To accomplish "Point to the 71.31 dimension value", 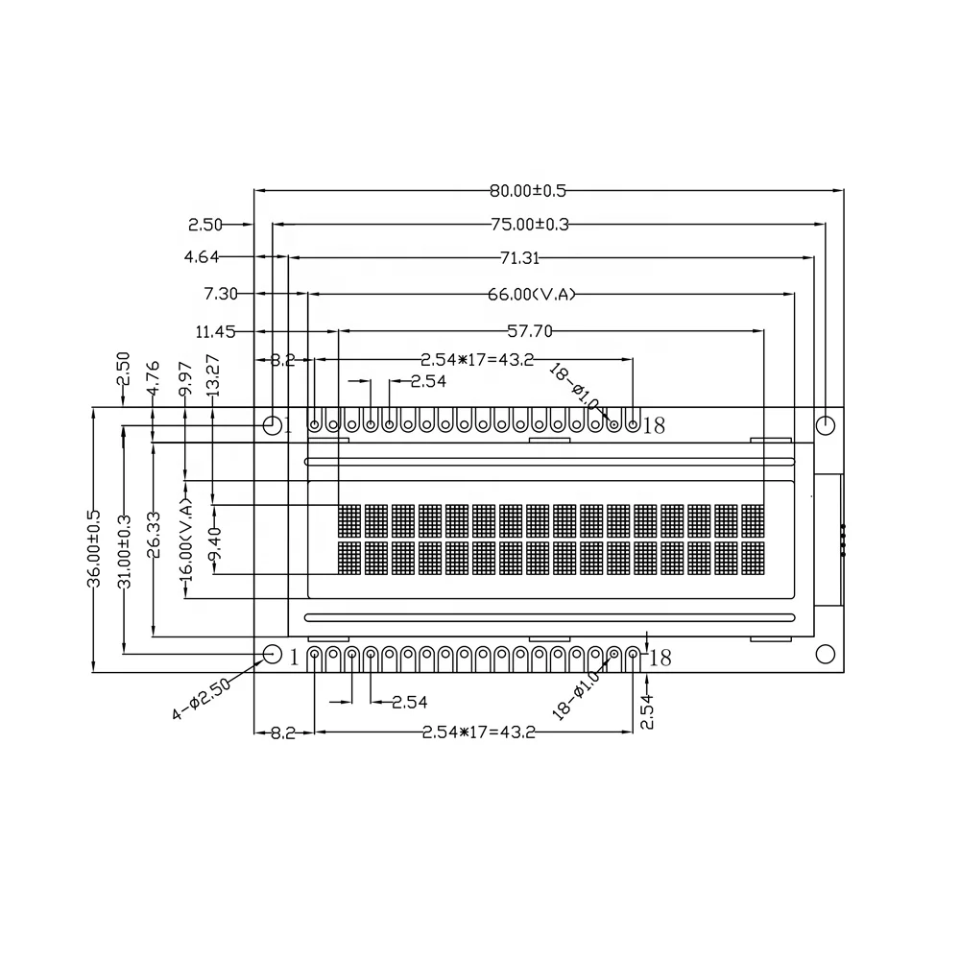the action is [x=519, y=258].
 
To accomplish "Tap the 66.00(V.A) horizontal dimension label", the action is [x=531, y=294].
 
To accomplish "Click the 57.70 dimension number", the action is [x=530, y=331].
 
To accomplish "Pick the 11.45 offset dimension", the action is [x=215, y=332].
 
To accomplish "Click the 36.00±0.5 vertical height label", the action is [x=93, y=548].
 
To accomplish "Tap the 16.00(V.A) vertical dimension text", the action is [x=185, y=538].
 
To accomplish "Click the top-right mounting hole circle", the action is [x=825, y=424].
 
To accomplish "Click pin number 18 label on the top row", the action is [x=654, y=425].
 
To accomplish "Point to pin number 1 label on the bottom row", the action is [x=295, y=658].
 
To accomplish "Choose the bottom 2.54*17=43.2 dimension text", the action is [x=478, y=732].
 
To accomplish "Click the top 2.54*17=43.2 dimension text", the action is [x=478, y=360].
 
